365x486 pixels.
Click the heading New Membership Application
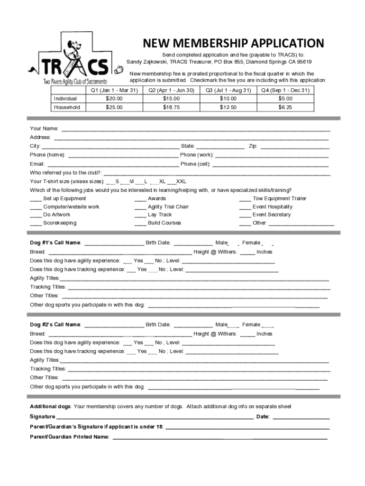(234, 44)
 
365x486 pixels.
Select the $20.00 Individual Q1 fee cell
(114, 99)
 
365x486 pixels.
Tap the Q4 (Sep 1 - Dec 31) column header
(284, 90)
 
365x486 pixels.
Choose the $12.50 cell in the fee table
(228, 107)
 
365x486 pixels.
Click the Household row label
(67, 107)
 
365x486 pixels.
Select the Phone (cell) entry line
(270, 164)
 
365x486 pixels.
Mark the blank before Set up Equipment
(36, 199)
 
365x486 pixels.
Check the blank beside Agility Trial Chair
(140, 207)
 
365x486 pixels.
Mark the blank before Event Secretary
(245, 215)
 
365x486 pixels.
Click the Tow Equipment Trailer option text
(279, 198)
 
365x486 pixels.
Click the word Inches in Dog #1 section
(265, 252)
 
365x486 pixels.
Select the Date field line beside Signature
(301, 418)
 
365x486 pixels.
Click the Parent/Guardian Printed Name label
(70, 437)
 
